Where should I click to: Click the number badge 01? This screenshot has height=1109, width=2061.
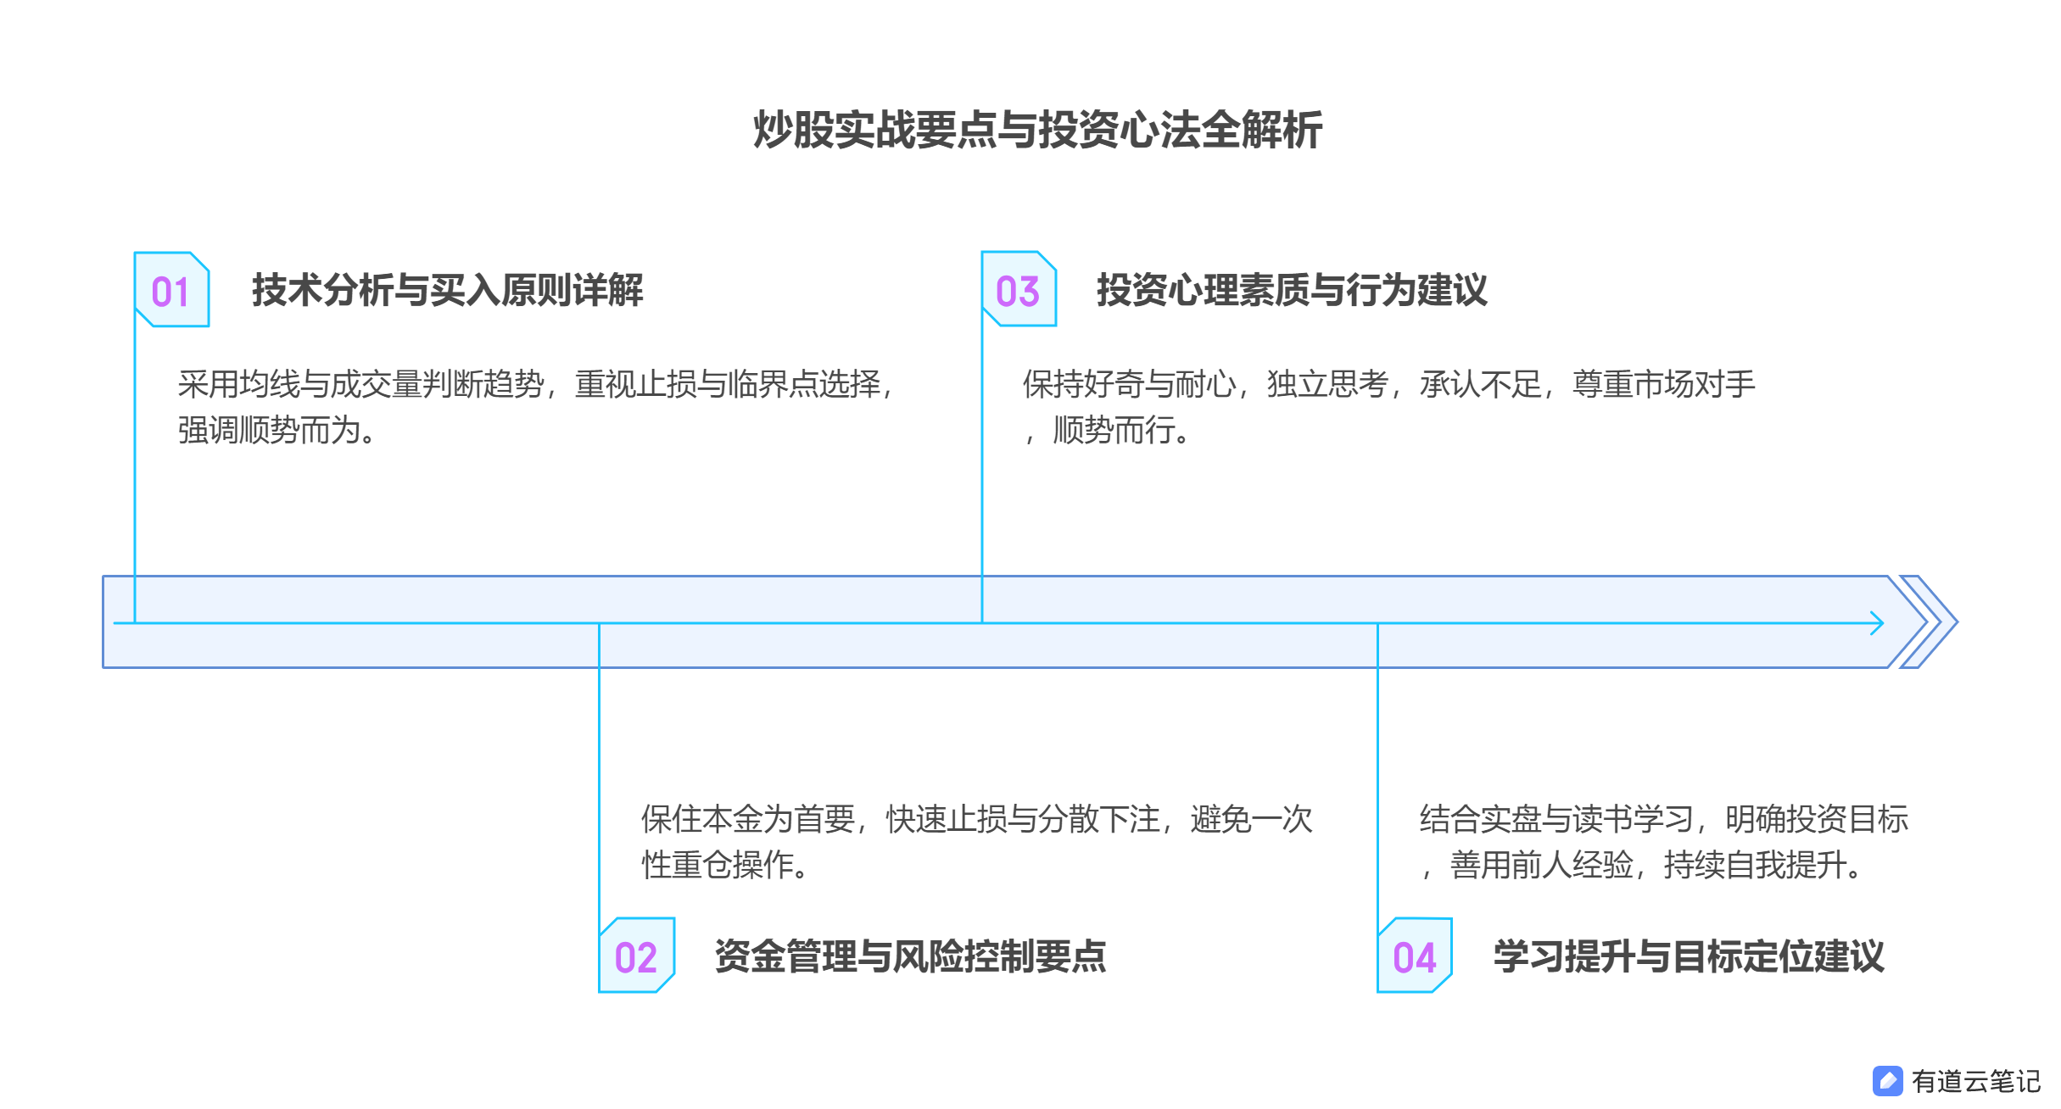(x=171, y=291)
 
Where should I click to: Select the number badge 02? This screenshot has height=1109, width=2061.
(x=636, y=956)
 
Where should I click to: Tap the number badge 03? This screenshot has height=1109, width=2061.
(x=1018, y=290)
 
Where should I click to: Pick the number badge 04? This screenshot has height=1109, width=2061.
(x=1414, y=956)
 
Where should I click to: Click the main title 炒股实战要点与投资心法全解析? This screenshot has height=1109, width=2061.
(x=1037, y=131)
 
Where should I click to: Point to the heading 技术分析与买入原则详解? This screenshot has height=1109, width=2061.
(x=447, y=290)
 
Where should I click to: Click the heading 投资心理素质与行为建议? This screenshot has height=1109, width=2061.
(x=1291, y=290)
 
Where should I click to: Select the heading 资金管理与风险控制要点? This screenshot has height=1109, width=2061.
(x=910, y=956)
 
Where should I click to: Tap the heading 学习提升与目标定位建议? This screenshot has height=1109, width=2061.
(x=1688, y=956)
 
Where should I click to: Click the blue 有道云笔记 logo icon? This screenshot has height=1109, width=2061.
(x=1888, y=1081)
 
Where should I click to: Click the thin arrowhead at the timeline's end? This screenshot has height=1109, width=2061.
(x=1876, y=623)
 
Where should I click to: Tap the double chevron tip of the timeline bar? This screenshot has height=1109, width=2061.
(x=1937, y=622)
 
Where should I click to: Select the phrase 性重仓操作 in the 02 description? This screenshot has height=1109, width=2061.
(x=718, y=865)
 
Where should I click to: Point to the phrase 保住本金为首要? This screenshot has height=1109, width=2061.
(x=747, y=819)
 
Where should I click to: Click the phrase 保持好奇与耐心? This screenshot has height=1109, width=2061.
(x=1129, y=385)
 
